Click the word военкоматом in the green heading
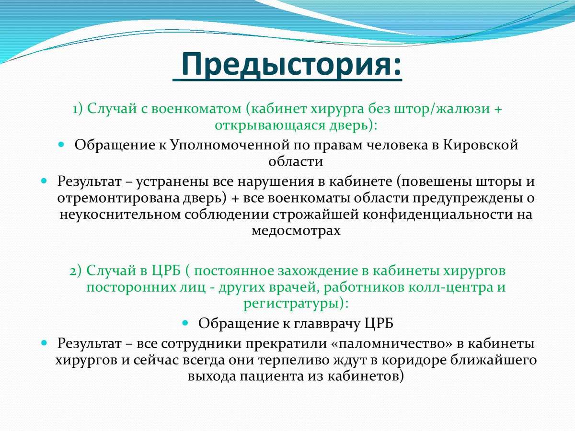[196, 109]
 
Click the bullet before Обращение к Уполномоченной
[61, 144]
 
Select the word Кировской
[481, 145]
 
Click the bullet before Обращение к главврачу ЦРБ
[185, 323]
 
